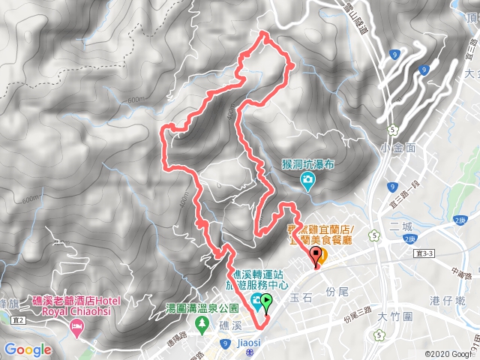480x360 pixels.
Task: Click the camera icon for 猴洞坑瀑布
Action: click(x=307, y=180)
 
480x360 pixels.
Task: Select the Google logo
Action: click(x=28, y=349)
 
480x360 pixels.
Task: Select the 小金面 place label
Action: click(x=397, y=146)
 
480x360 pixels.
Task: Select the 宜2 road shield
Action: click(x=18, y=320)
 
